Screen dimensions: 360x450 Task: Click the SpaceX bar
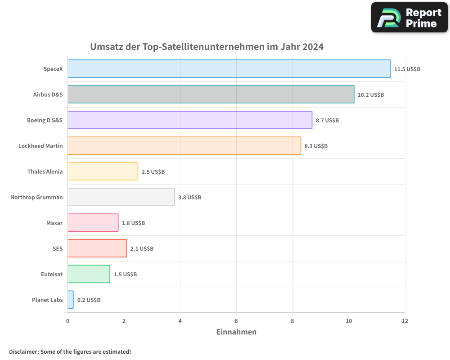229,69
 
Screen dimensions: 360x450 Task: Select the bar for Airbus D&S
211,94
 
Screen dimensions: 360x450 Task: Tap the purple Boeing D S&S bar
189,120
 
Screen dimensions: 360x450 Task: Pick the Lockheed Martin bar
184,146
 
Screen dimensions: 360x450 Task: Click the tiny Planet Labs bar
71,300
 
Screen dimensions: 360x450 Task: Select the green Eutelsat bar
89,274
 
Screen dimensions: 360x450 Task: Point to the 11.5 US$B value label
407,69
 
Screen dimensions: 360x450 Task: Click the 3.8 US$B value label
189,198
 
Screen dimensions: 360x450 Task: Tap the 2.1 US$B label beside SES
142,249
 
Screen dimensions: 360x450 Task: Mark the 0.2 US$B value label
89,300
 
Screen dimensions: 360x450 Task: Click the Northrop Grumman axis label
36,197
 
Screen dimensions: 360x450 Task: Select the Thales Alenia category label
45,171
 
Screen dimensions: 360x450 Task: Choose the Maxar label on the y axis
54,223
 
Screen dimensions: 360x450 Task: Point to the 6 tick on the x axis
236,321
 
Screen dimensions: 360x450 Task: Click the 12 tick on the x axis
405,321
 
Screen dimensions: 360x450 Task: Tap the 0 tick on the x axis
67,321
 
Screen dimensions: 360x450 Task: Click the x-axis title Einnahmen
236,332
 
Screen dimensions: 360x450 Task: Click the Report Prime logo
409,18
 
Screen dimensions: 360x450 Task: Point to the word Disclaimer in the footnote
23,351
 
